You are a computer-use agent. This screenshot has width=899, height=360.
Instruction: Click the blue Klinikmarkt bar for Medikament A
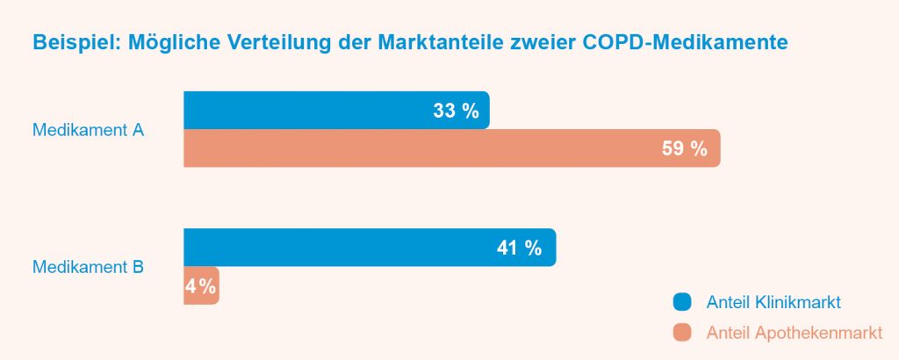click(x=298, y=111)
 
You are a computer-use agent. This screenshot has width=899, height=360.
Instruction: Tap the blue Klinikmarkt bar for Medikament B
click(x=334, y=248)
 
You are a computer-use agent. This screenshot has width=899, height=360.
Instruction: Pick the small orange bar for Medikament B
click(x=201, y=286)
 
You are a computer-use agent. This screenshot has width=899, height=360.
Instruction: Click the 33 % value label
click(x=456, y=111)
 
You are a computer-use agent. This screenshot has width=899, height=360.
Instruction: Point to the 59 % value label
click(x=684, y=148)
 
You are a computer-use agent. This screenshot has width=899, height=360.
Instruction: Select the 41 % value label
click(x=519, y=248)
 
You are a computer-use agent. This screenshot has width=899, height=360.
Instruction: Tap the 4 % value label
click(x=200, y=286)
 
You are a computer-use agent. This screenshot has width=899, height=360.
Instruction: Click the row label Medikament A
click(x=88, y=130)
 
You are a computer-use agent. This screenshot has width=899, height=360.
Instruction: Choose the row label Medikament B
click(x=88, y=267)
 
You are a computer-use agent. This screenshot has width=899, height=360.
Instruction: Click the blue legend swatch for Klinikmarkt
click(x=683, y=302)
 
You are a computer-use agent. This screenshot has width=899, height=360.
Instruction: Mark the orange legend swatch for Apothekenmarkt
click(x=683, y=333)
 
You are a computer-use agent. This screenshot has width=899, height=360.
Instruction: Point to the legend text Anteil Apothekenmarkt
click(x=794, y=333)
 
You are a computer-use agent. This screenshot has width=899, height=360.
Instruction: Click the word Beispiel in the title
click(x=68, y=42)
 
